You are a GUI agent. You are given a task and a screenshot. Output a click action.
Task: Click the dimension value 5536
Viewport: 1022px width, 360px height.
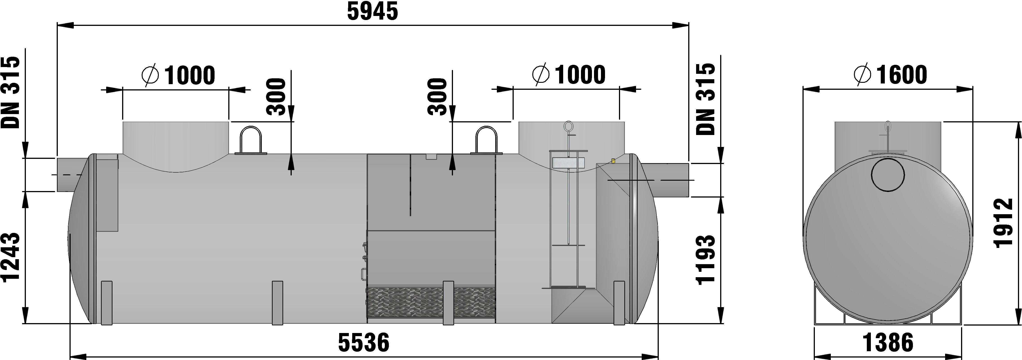(364, 342)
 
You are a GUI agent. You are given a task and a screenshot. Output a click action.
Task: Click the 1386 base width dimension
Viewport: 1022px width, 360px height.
(888, 342)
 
